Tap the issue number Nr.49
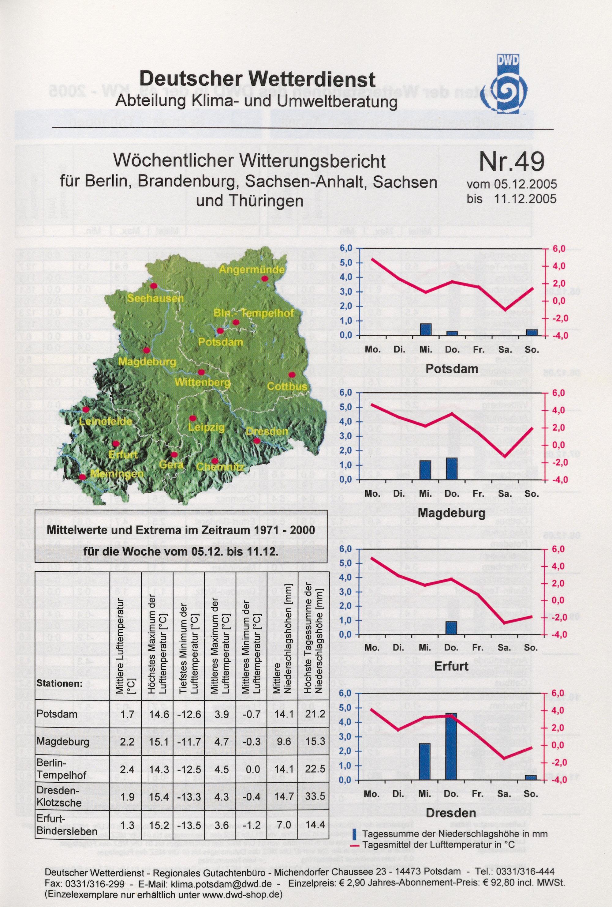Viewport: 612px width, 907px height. point(511,162)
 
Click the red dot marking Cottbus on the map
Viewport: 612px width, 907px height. point(291,375)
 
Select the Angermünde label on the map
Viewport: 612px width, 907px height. point(252,269)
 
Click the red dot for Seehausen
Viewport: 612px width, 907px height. point(153,286)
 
